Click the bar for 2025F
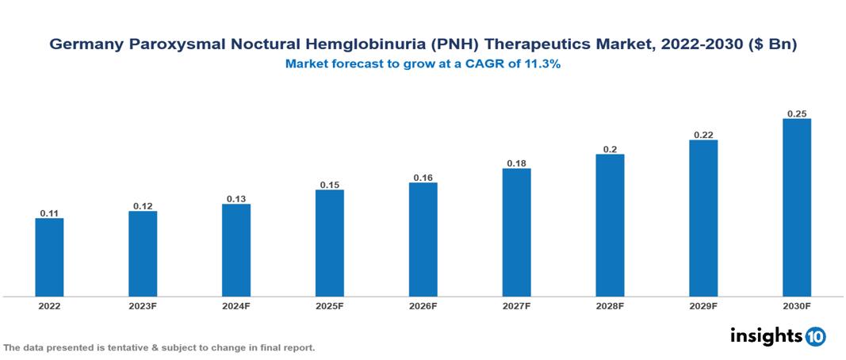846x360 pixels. coord(330,243)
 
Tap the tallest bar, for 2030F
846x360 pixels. coord(797,208)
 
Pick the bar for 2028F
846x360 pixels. coord(610,225)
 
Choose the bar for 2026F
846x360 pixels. coord(423,239)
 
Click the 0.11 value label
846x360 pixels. coord(49,213)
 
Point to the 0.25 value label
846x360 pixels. coord(797,114)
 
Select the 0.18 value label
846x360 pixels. coord(516,163)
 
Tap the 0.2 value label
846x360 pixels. coord(610,149)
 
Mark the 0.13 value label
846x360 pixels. coord(236,199)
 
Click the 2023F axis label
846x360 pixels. coord(143,306)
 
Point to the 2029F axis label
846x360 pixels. coord(703,306)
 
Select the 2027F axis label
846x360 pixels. coord(516,306)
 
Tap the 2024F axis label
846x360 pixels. coord(236,306)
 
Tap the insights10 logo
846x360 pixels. coord(777,336)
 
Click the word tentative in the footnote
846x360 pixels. coord(119,348)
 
